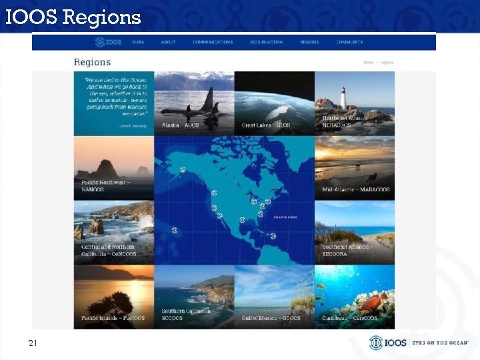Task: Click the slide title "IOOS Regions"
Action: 73,17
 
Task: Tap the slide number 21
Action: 32,343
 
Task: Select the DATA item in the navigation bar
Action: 138,42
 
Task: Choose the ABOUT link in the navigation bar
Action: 168,42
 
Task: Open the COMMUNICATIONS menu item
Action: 213,42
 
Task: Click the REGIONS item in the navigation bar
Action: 309,42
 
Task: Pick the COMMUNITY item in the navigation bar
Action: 350,42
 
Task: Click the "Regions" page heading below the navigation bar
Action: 92,62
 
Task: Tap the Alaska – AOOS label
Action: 181,125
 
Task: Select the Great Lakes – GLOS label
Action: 265,125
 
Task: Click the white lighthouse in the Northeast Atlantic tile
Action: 343,97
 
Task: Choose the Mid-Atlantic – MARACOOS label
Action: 356,189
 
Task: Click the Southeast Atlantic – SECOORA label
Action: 347,250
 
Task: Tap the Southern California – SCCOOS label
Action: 186,314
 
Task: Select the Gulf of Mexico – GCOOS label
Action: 271,318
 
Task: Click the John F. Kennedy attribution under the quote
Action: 133,125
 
